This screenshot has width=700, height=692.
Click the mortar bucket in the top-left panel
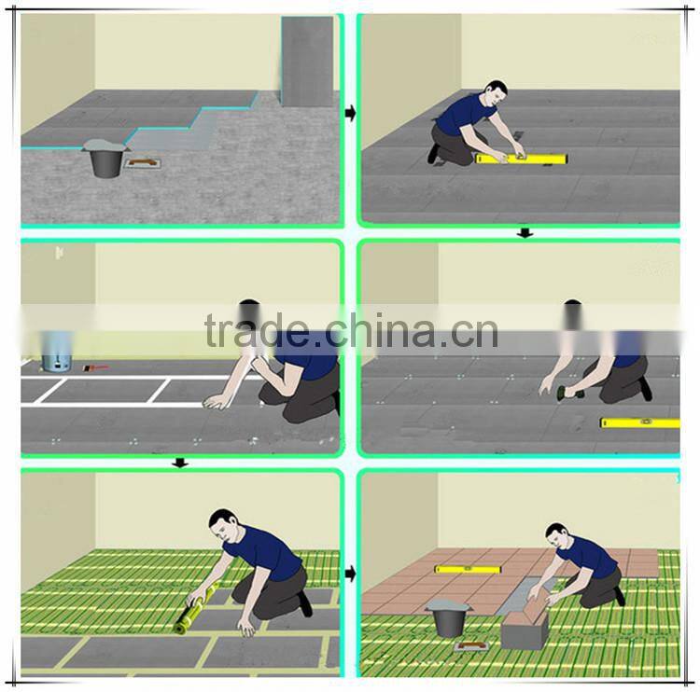[x=105, y=159]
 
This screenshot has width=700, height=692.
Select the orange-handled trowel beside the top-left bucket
[x=144, y=163]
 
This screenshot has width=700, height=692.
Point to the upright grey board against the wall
[x=307, y=62]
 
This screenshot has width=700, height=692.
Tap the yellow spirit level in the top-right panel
[x=522, y=159]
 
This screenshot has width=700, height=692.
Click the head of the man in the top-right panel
[x=497, y=92]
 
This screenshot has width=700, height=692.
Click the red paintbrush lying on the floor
[x=95, y=368]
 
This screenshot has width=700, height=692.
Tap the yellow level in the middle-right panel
[x=639, y=422]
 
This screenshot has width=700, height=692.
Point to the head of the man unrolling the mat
[x=224, y=525]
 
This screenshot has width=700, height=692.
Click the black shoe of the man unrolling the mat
[x=305, y=603]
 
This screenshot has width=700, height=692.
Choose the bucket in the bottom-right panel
[x=449, y=617]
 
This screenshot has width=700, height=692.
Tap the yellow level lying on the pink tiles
[x=469, y=569]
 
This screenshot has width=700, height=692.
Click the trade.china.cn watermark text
[x=351, y=330]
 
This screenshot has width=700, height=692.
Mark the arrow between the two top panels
[x=350, y=113]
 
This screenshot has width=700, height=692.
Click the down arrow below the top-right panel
[x=525, y=233]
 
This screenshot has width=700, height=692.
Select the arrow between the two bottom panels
[x=350, y=574]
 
